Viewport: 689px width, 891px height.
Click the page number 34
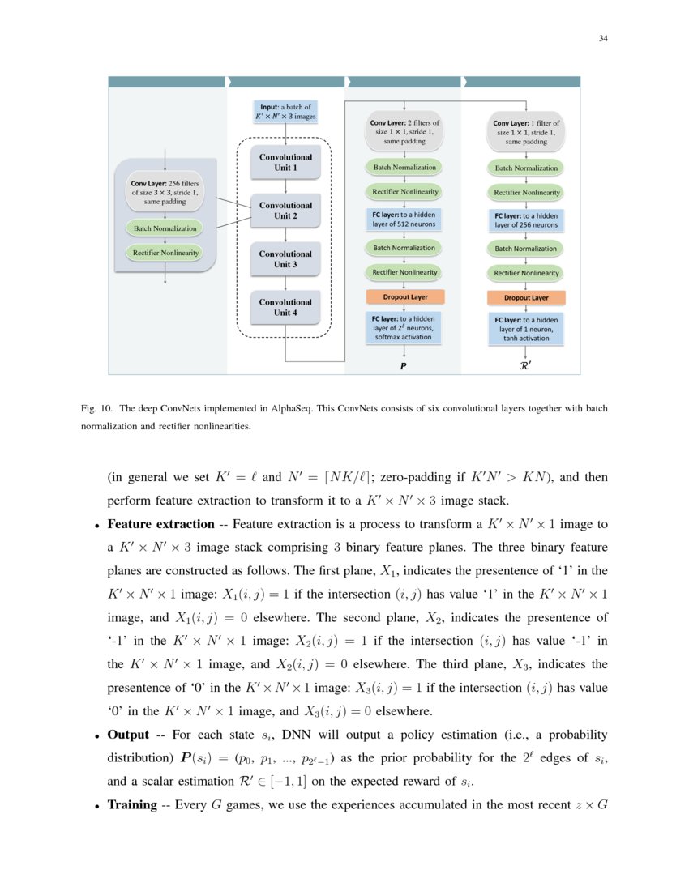pyautogui.click(x=603, y=38)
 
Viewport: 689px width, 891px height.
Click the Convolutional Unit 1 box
pyautogui.click(x=285, y=162)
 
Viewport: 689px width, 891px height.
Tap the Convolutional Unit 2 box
pyautogui.click(x=285, y=211)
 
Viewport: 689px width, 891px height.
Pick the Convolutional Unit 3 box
pyautogui.click(x=285, y=259)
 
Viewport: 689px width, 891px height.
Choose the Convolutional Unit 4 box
pyautogui.click(x=285, y=307)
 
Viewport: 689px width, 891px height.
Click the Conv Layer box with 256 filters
pyautogui.click(x=165, y=192)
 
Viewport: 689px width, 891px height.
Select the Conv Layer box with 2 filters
pyautogui.click(x=404, y=132)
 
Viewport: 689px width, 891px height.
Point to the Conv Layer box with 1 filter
pyautogui.click(x=526, y=132)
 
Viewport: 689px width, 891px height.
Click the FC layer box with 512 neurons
pyautogui.click(x=404, y=219)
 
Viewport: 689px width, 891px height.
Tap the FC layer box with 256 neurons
pyautogui.click(x=526, y=220)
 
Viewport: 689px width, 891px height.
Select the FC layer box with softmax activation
pyautogui.click(x=404, y=327)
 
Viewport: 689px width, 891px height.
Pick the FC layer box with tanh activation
pyautogui.click(x=526, y=329)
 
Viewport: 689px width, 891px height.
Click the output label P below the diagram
pyautogui.click(x=403, y=366)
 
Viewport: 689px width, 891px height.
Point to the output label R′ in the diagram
pyautogui.click(x=525, y=366)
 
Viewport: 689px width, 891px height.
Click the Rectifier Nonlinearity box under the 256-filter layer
pyautogui.click(x=165, y=253)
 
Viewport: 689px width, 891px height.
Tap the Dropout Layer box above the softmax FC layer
pyautogui.click(x=404, y=296)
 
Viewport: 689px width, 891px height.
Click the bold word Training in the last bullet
pyautogui.click(x=132, y=804)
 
